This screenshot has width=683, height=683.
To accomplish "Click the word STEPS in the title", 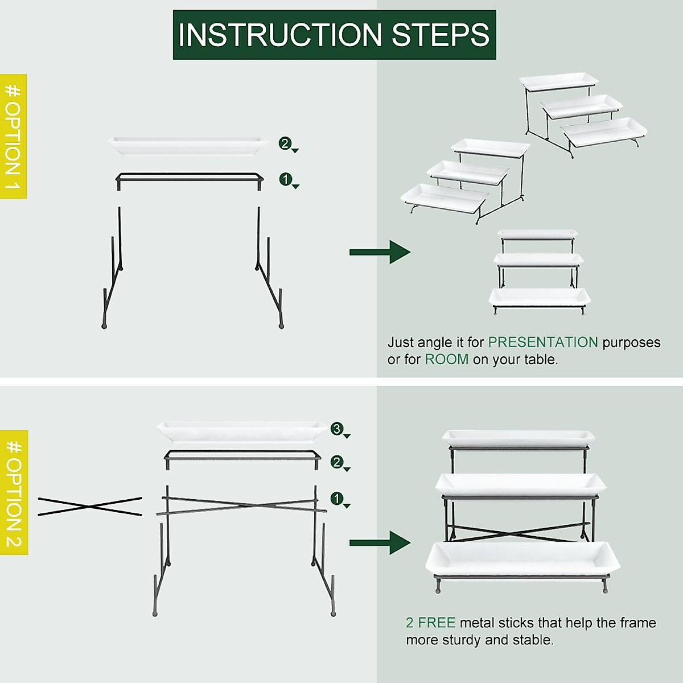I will click(441, 35).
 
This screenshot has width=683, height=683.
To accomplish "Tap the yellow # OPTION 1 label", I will click(13, 137).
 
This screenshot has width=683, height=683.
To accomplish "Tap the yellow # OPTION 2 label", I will click(14, 492).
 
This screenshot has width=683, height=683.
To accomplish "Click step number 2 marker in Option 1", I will click(285, 143).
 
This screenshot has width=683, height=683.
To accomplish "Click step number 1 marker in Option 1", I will click(285, 180).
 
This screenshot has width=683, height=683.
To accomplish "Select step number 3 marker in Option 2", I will click(337, 429).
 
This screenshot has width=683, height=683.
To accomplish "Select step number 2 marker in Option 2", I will click(337, 462).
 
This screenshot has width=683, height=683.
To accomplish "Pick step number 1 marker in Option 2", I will click(337, 499).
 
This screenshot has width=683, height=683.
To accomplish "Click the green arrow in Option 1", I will click(380, 252).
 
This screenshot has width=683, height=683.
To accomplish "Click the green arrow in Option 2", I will click(380, 542).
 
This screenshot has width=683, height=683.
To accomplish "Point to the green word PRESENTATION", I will click(543, 342).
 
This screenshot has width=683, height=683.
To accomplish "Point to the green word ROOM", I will click(447, 360).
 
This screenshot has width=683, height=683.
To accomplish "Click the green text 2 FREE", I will click(430, 623).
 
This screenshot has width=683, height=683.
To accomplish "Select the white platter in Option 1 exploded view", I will click(188, 145).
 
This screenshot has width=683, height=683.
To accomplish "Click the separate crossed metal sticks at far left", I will click(90, 506).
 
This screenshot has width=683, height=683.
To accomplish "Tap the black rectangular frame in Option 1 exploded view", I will click(190, 178).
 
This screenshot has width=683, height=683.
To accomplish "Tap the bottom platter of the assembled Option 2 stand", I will click(522, 559).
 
